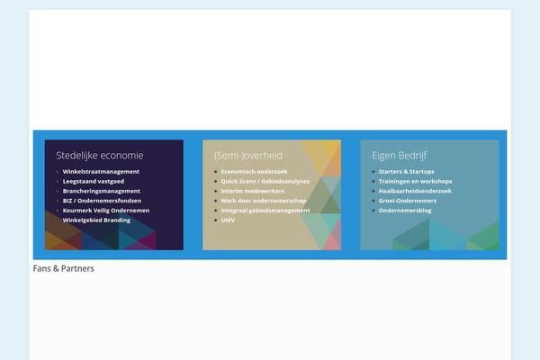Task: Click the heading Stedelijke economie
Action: (x=100, y=156)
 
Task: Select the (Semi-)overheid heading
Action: (x=248, y=156)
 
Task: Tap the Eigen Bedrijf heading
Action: (x=399, y=156)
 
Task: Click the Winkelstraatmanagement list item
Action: (x=101, y=172)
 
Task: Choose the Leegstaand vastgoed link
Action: (x=94, y=181)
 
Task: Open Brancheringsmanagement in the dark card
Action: (x=101, y=191)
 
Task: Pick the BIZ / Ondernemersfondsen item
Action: (x=102, y=201)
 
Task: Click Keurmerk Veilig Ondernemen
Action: (x=106, y=210)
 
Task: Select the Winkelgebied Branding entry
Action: (x=96, y=220)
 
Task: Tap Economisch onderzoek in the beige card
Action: (x=254, y=172)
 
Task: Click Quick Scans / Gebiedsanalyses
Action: (x=265, y=181)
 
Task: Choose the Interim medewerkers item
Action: (x=252, y=191)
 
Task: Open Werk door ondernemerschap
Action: (x=264, y=201)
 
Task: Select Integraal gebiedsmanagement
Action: (x=265, y=210)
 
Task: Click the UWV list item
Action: (x=228, y=220)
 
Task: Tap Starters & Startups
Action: (x=407, y=172)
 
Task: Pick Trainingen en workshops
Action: (x=415, y=181)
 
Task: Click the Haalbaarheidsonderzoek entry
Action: (x=415, y=191)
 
